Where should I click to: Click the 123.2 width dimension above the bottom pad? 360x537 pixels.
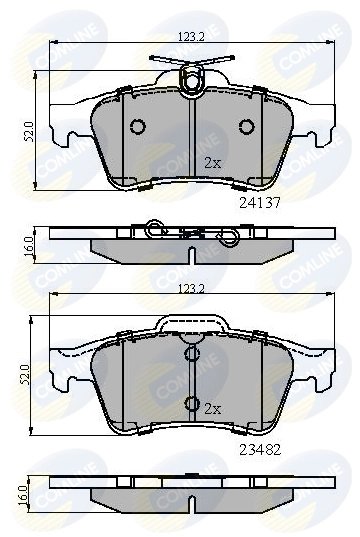[189, 288]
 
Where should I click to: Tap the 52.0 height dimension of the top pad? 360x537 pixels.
[30, 131]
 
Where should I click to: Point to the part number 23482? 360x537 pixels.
[258, 450]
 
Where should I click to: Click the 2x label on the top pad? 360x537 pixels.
[213, 162]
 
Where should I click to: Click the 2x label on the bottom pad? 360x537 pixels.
[213, 410]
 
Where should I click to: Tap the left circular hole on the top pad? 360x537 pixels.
[137, 126]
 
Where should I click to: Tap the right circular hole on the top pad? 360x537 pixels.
[246, 126]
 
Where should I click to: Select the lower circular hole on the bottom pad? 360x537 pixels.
[190, 403]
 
